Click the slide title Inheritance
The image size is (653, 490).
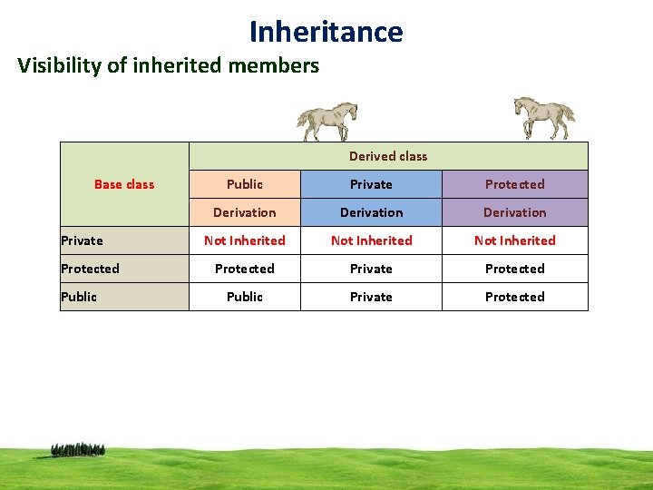[x=326, y=32]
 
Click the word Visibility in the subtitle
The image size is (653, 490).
[x=55, y=65]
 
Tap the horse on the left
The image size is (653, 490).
[x=327, y=121]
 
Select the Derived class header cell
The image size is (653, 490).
[x=388, y=156]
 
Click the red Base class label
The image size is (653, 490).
[x=124, y=184]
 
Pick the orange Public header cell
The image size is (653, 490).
[x=245, y=184]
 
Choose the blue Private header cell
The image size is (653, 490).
[x=372, y=184]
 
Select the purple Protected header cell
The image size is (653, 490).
[x=514, y=184]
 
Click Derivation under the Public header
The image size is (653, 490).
[x=245, y=212]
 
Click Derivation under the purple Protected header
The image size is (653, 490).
[x=514, y=212]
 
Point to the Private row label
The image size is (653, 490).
[x=83, y=240]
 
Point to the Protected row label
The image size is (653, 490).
[x=90, y=269]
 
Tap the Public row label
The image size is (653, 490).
[x=79, y=297]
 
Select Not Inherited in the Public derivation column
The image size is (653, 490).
[x=245, y=240]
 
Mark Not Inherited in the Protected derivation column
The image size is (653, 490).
[x=514, y=240]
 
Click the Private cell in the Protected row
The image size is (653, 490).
[x=372, y=269]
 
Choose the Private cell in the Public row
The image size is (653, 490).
[x=372, y=297]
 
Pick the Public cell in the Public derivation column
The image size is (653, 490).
[x=245, y=297]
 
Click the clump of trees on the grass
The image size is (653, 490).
[x=78, y=449]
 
